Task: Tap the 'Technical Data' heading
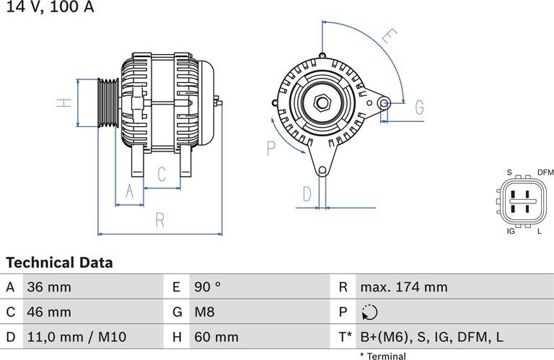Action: (x=59, y=263)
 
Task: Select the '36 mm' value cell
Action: (x=49, y=287)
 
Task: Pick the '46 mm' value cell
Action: (x=49, y=312)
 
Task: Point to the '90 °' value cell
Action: (x=208, y=287)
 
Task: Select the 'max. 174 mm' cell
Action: (x=403, y=287)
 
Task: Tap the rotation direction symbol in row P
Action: (x=369, y=312)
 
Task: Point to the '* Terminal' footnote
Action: (x=382, y=356)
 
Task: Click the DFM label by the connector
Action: (x=545, y=172)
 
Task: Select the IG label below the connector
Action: (x=510, y=231)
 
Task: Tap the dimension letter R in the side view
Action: (x=160, y=220)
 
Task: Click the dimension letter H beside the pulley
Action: (x=65, y=102)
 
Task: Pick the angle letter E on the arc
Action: (x=389, y=37)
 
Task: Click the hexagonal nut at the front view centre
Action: (x=322, y=103)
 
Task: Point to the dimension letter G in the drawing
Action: (x=419, y=107)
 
